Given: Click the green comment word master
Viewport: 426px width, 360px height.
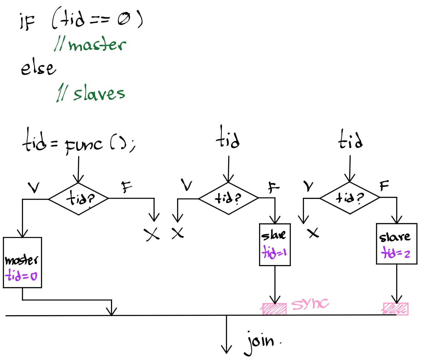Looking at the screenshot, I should (x=97, y=45).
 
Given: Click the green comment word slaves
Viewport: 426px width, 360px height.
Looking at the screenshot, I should (x=99, y=93).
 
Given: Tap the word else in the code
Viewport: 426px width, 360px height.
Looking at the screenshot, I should (x=38, y=68).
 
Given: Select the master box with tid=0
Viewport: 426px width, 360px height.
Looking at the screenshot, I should (x=22, y=262).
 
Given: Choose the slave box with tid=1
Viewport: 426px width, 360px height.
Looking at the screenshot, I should (x=275, y=244).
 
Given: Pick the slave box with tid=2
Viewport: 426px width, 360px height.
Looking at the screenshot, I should (x=396, y=244).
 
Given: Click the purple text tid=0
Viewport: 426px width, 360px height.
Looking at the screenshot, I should (x=21, y=276).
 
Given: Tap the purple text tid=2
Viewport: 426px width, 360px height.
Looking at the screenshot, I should (x=396, y=252).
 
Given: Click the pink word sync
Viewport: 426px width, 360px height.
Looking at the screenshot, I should (x=310, y=304).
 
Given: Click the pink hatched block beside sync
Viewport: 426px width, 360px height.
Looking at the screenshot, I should (x=274, y=309).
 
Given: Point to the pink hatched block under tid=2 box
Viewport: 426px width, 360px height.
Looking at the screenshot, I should (x=396, y=309).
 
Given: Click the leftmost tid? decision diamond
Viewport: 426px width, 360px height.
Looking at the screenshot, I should (x=78, y=199).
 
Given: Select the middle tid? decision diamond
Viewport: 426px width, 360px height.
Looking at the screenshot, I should (x=229, y=198).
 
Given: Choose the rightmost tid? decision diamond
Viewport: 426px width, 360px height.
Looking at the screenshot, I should (x=350, y=198).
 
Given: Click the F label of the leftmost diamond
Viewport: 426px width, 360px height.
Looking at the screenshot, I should (x=127, y=187).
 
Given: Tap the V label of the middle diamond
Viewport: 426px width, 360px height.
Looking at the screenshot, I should (x=187, y=185).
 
